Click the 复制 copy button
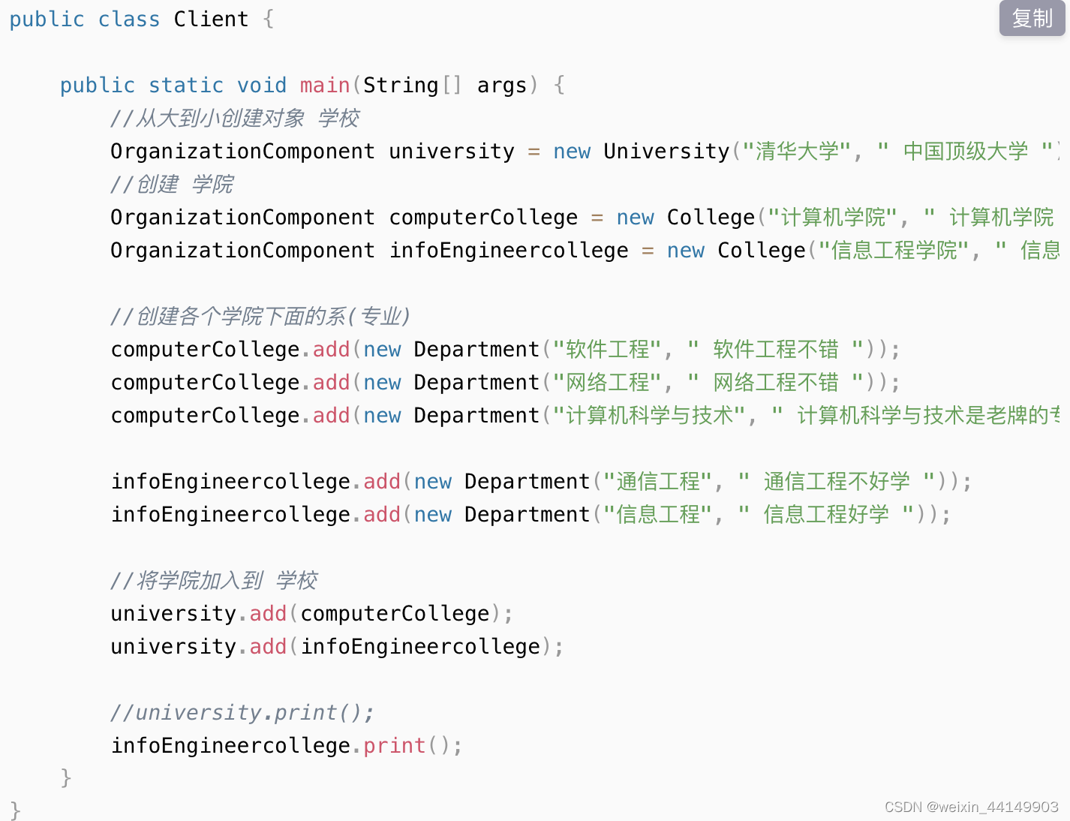(1032, 18)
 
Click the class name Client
(211, 19)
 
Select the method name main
(325, 85)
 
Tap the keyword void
(262, 85)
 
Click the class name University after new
(666, 151)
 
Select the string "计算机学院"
(833, 217)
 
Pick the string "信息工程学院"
(894, 250)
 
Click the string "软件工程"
(607, 349)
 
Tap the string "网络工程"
(607, 382)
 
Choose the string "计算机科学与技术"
(650, 415)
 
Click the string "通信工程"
(658, 481)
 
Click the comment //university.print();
(242, 712)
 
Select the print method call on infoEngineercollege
(395, 745)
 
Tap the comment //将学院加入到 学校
(214, 580)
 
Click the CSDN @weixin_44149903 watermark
(971, 807)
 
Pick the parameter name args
(502, 85)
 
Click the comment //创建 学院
(172, 184)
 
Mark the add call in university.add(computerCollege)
(268, 613)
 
